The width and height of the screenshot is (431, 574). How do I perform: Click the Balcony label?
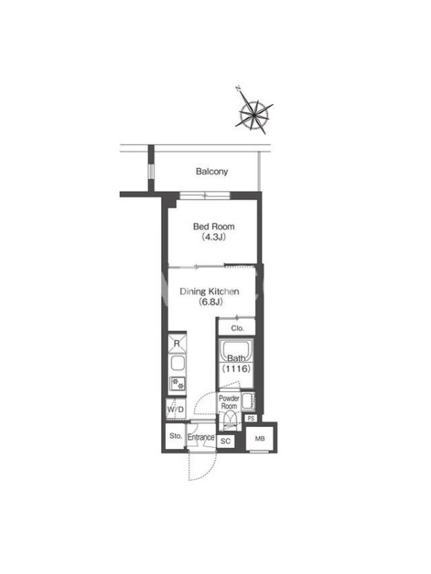pos(212,171)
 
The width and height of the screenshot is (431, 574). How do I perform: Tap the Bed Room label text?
pos(213,227)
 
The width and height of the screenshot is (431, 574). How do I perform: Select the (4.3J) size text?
pos(213,237)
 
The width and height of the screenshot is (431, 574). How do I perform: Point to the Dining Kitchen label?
pos(209,291)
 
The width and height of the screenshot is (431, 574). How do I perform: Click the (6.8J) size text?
pos(210,302)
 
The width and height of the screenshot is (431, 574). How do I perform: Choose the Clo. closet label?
pos(238,329)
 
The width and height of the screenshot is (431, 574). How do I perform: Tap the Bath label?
pos(236,358)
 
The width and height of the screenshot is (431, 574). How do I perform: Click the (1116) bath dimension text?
pos(236,368)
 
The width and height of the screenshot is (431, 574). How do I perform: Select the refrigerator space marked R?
pos(177,344)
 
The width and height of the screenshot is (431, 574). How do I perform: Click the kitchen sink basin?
pos(177,364)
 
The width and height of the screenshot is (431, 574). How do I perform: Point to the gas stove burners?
pos(177,384)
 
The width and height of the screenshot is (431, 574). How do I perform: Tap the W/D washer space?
pos(175,409)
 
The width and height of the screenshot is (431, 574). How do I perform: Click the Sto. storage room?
pos(175,436)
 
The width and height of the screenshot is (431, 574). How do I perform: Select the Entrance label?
pos(201,437)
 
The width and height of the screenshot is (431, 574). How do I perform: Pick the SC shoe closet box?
pos(226,441)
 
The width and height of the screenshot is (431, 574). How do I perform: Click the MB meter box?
pos(259,438)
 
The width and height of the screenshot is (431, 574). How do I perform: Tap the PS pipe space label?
pos(251,418)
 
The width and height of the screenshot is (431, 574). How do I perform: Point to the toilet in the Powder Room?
pos(230,420)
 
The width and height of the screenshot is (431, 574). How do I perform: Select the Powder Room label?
pos(229,402)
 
